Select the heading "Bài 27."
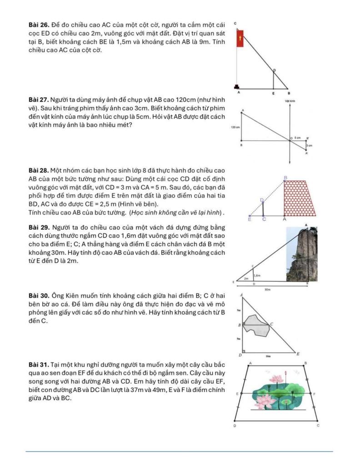click(38, 99)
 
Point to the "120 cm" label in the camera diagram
click(235, 128)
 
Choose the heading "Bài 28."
click(38, 170)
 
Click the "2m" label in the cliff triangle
click(246, 278)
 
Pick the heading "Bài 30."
click(38, 297)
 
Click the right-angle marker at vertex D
click(244, 351)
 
